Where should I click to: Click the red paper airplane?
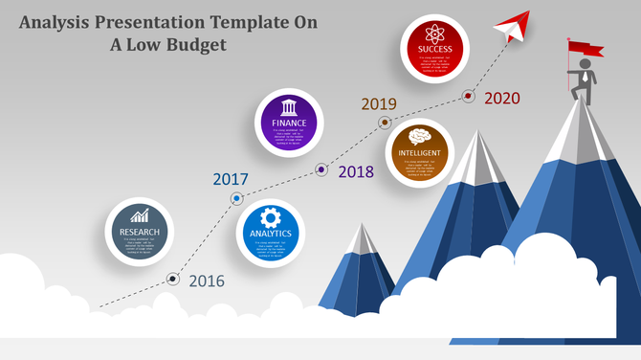pyautogui.click(x=513, y=25)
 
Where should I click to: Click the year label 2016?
pyautogui.click(x=206, y=281)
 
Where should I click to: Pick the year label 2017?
pyautogui.click(x=231, y=179)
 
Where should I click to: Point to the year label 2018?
pyautogui.click(x=356, y=172)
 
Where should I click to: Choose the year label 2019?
pyautogui.click(x=379, y=103)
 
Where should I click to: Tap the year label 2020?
pyautogui.click(x=502, y=98)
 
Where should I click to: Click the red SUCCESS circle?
pyautogui.click(x=433, y=47)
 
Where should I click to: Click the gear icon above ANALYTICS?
pyautogui.click(x=270, y=215)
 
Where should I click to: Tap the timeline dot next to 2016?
pyautogui.click(x=173, y=280)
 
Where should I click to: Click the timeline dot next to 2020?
pyautogui.click(x=469, y=96)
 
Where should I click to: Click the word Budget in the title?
pyautogui.click(x=197, y=44)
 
